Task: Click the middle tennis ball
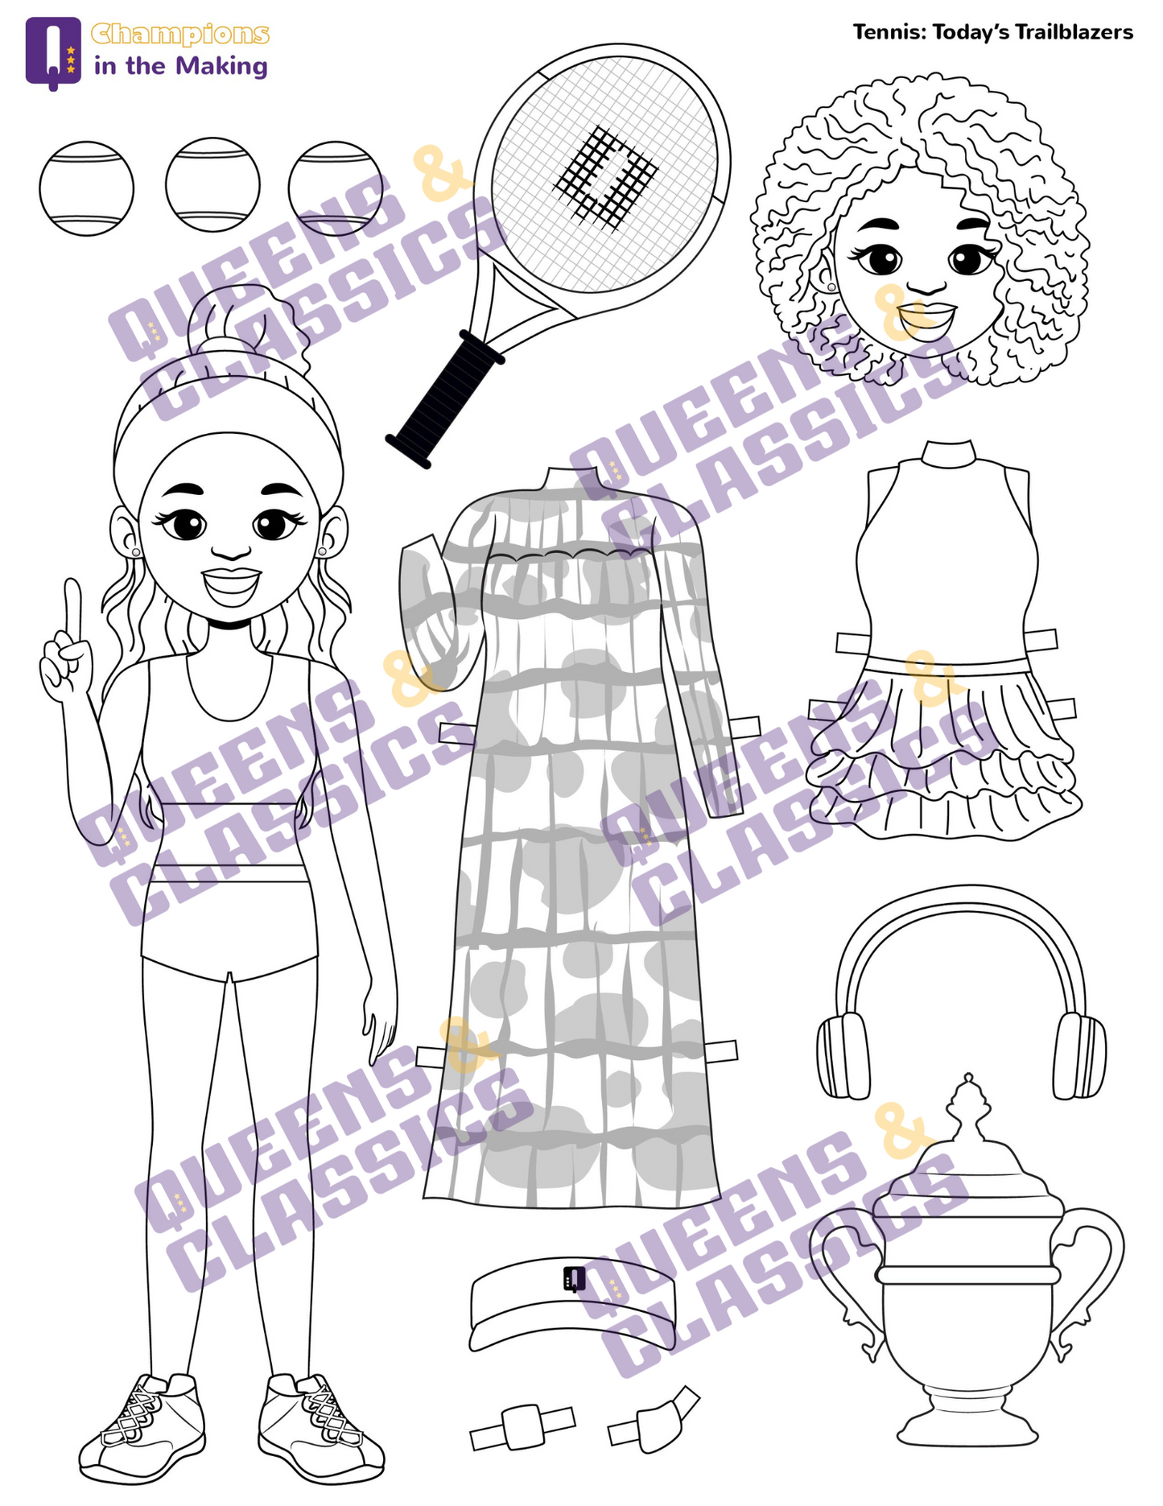212,185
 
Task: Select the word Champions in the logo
179,35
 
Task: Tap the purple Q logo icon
53,52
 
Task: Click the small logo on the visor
574,1277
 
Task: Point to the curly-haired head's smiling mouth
926,319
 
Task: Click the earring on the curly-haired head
831,286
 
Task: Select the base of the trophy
967,1422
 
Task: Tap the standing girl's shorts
230,930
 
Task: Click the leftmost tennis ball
86,188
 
